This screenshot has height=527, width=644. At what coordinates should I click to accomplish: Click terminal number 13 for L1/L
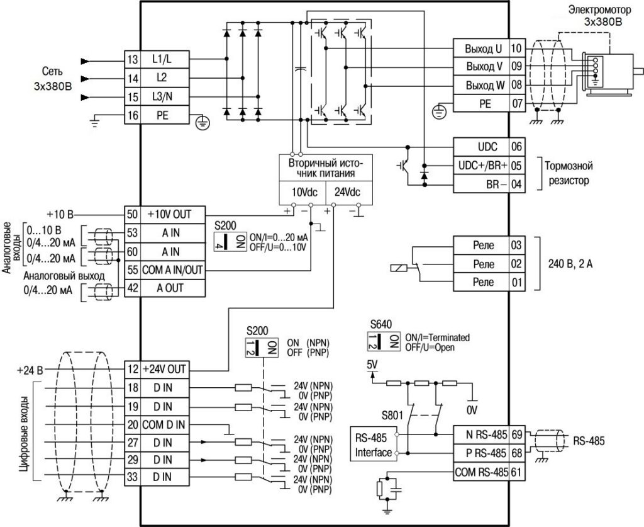tap(132, 60)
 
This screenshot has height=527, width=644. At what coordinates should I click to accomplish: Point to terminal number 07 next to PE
tap(516, 104)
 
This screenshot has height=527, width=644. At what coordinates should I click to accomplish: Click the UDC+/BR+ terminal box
tap(481, 166)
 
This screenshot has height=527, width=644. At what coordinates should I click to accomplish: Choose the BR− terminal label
tap(481, 184)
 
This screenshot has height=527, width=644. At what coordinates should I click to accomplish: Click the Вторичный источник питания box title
tap(325, 167)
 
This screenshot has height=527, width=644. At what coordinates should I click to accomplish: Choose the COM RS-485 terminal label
tap(481, 471)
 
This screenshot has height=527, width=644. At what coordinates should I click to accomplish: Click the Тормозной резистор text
tap(568, 173)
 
